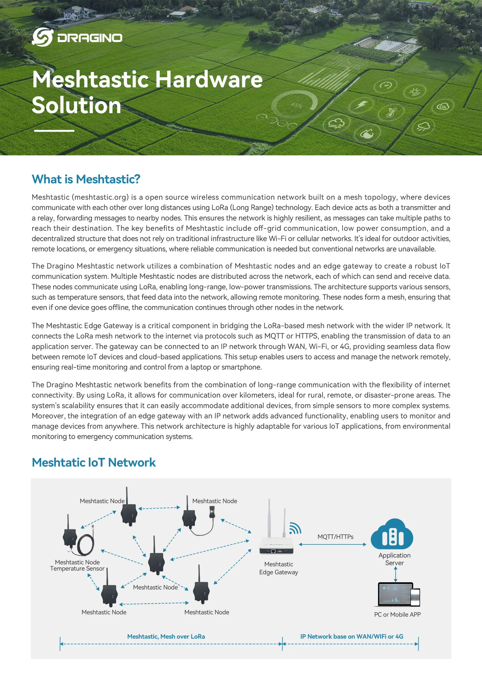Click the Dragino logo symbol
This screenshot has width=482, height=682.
42,37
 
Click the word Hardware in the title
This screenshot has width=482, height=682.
209,80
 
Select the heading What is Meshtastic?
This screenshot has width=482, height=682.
86,179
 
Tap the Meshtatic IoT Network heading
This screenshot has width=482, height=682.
93,463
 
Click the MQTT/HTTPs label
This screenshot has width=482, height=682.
335,537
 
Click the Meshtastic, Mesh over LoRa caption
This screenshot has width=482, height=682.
166,637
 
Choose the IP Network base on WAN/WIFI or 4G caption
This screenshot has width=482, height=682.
352,637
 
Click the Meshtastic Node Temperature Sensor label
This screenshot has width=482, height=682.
77,565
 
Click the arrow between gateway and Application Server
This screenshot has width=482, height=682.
332,545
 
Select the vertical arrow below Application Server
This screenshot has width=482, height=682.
395,574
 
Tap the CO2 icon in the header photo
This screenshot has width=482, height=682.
442,106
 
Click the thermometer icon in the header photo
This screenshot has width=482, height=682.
391,112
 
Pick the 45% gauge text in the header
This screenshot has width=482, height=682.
296,105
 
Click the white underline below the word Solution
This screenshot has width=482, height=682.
54,131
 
